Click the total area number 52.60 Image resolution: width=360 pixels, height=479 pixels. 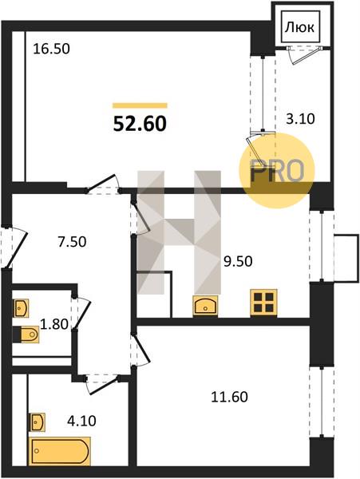point(140,124)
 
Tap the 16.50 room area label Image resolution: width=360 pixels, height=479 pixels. point(51,49)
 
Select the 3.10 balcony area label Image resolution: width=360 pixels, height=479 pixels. point(300,118)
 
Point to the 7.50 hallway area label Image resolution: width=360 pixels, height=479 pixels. point(73,242)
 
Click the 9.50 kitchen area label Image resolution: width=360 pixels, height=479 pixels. point(238,262)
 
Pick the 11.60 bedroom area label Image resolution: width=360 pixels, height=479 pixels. point(230,397)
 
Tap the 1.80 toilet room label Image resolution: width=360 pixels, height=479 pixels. point(54,324)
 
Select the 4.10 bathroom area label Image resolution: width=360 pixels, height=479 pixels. point(81,421)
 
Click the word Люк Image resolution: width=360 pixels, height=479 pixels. point(299,28)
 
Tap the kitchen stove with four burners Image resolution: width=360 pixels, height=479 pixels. point(264,302)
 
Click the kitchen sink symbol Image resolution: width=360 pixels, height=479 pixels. point(205,306)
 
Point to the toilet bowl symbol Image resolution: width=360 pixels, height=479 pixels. point(27,335)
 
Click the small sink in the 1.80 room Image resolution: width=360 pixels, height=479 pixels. point(21,308)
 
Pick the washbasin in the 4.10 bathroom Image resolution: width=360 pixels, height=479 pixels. point(37,422)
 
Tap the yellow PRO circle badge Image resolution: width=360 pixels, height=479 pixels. point(277,171)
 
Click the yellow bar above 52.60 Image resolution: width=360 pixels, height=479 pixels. point(140,105)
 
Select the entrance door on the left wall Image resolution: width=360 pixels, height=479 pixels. point(14,246)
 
